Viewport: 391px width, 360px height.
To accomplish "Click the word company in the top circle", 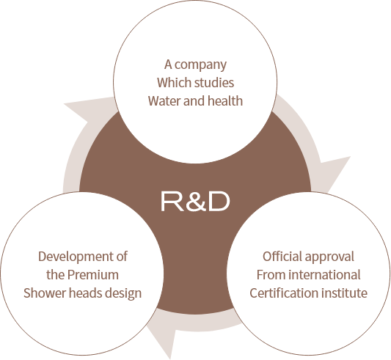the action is [x=200, y=65].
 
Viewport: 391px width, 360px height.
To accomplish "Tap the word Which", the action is [x=169, y=83].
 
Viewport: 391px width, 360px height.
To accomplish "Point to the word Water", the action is [x=164, y=101].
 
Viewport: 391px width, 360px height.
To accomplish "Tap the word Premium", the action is [x=93, y=275].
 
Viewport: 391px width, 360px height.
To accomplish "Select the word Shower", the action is [x=45, y=293].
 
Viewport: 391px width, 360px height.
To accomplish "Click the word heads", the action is [x=85, y=293].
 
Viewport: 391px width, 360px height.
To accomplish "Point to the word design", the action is [x=123, y=294].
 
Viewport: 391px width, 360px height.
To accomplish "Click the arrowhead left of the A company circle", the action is [x=82, y=110].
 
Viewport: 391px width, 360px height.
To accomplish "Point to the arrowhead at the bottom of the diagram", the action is [x=162, y=337].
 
